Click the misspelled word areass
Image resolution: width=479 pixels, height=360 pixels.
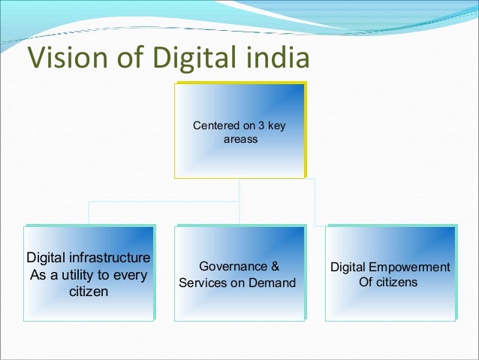(x=240, y=139)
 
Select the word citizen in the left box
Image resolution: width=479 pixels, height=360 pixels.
(x=89, y=291)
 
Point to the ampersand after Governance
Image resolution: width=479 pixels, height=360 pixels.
(x=275, y=266)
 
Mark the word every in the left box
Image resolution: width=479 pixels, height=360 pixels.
(x=130, y=274)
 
